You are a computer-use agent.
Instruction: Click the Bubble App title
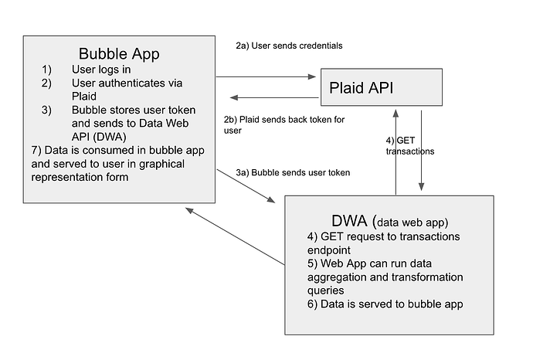click(118, 54)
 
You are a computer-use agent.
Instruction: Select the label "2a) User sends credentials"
click(289, 46)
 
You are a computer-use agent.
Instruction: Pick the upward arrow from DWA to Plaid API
click(396, 151)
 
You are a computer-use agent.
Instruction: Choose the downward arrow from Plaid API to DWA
click(421, 151)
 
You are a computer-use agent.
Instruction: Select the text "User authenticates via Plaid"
click(124, 89)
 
